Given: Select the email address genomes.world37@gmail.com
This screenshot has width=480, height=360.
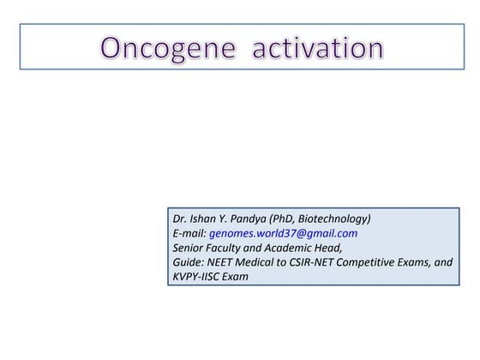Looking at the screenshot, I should click(284, 233).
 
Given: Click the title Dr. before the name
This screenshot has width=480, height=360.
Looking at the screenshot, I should click(180, 219).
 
